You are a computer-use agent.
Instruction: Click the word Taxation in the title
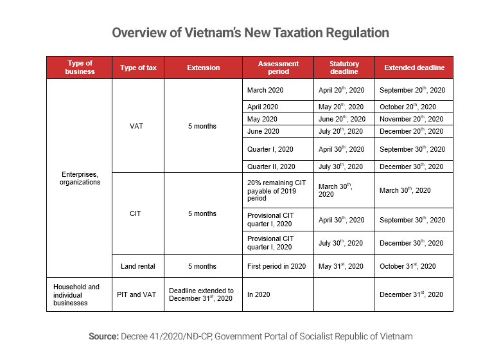(268, 32)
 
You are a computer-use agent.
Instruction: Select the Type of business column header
(80, 67)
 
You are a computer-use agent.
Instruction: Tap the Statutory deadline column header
(344, 67)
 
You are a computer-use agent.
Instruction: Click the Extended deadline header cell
(414, 67)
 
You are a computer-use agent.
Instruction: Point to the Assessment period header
(278, 67)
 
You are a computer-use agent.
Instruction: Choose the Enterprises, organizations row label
(80, 178)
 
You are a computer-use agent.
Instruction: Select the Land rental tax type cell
(137, 266)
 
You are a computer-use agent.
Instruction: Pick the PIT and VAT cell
(137, 294)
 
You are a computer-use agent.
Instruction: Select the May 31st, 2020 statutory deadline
(340, 266)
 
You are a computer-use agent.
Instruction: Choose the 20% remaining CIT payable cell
(277, 190)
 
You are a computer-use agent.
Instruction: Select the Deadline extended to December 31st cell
(202, 294)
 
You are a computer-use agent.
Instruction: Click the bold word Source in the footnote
(102, 336)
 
